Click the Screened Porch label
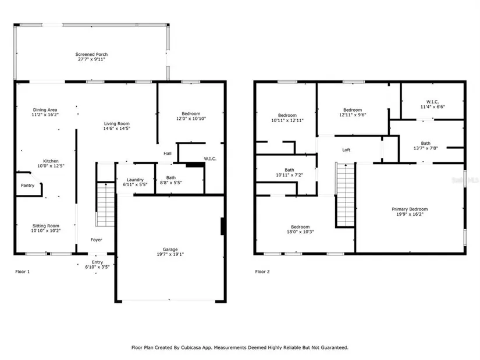91,54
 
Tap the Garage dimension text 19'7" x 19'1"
170,254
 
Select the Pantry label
27,185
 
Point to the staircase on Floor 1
105,205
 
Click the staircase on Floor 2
345,195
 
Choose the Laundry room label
135,180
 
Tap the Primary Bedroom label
410,209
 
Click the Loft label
346,149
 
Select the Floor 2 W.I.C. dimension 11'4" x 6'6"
432,107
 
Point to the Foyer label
97,240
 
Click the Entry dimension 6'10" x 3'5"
97,267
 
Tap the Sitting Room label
46,226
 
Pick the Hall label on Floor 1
168,154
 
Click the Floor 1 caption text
23,272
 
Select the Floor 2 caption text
262,272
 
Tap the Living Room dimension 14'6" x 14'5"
116,129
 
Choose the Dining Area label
45,109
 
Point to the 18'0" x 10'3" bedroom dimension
300,231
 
